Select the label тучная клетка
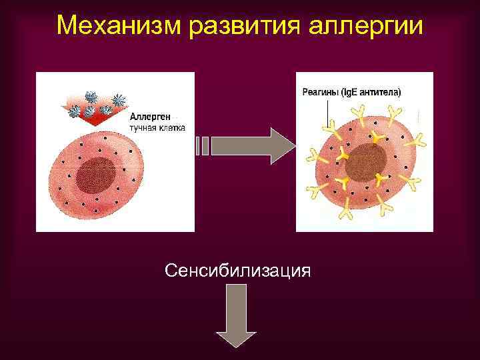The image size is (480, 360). (157, 128)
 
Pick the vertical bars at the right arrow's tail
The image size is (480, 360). (202, 146)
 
